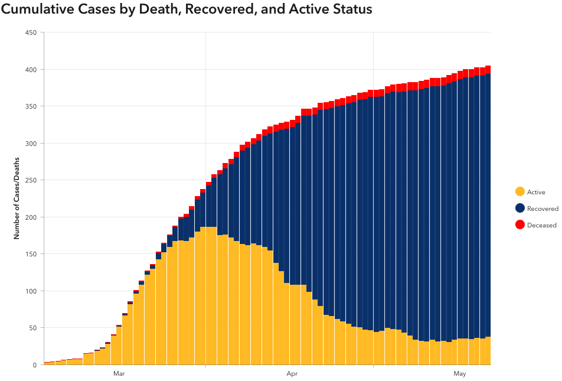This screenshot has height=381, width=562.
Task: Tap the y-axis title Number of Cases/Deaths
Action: coord(17,198)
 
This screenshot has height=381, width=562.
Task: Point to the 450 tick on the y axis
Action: coord(31,32)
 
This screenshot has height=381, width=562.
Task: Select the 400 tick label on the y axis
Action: coord(31,70)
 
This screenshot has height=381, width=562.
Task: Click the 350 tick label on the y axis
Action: coord(31,106)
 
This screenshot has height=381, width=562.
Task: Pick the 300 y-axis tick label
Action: coord(31,144)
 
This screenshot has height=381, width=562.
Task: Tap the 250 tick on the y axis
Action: coord(31,180)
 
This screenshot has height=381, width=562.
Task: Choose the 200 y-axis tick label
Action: coord(31,217)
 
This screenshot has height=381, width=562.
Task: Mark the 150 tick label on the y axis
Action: coord(31,254)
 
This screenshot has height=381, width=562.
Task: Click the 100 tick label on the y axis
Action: coord(31,291)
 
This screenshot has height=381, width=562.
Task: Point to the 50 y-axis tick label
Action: coord(33,328)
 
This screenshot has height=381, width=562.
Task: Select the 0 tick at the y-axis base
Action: coord(35,365)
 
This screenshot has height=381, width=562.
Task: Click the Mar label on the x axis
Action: coord(119,374)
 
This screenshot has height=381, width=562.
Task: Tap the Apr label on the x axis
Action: coord(292,374)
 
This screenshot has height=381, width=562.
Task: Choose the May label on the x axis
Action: coord(460,374)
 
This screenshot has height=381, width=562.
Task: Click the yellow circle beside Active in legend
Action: coord(520,191)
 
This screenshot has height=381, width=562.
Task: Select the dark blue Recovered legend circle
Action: coord(520,208)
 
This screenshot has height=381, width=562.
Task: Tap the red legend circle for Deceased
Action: coord(520,224)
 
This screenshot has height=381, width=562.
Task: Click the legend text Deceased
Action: coord(541,225)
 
